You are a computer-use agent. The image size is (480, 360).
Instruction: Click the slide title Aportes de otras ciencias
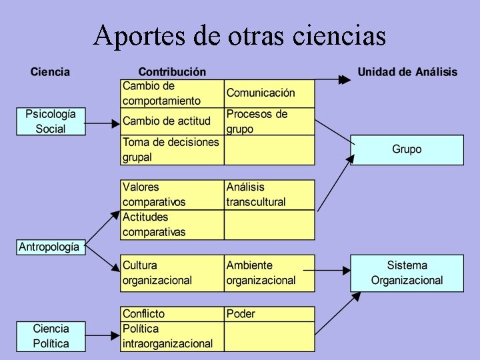coord(240,35)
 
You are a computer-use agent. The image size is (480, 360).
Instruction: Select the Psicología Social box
coord(51,121)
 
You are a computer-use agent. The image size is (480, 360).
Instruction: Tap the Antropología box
coord(49,247)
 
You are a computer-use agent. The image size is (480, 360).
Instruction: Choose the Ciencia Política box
coord(51,336)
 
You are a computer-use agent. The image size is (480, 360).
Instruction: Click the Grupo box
coord(407,149)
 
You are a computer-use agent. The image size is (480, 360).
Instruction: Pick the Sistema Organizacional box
coord(407,273)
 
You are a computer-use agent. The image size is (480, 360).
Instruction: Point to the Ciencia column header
coord(50,72)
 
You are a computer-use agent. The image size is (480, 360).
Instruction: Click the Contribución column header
coord(172,72)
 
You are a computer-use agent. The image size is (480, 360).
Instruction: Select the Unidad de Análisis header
coord(407,72)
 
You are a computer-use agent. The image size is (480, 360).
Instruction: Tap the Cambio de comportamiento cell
coord(172,93)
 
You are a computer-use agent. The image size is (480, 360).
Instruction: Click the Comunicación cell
coord(269,93)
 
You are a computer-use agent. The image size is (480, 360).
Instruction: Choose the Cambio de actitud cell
coord(172,121)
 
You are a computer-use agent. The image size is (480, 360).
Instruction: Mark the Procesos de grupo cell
coord(269,121)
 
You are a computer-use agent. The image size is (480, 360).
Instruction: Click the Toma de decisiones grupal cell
coord(172,150)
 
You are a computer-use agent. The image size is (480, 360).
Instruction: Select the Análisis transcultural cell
coord(269,195)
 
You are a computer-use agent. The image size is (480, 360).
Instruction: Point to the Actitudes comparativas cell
coord(172,225)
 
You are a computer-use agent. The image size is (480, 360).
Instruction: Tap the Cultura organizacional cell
coord(172,273)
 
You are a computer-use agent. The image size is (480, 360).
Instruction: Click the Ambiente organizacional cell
coord(269,273)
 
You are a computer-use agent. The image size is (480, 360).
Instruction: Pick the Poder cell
coord(269,314)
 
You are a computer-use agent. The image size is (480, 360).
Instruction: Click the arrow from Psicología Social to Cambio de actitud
coord(103,123)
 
